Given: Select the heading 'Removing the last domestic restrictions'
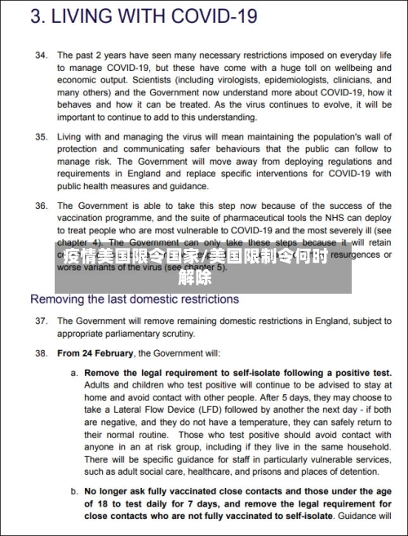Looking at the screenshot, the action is click(x=135, y=299).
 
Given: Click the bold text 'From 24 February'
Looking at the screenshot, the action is click(x=95, y=354).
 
